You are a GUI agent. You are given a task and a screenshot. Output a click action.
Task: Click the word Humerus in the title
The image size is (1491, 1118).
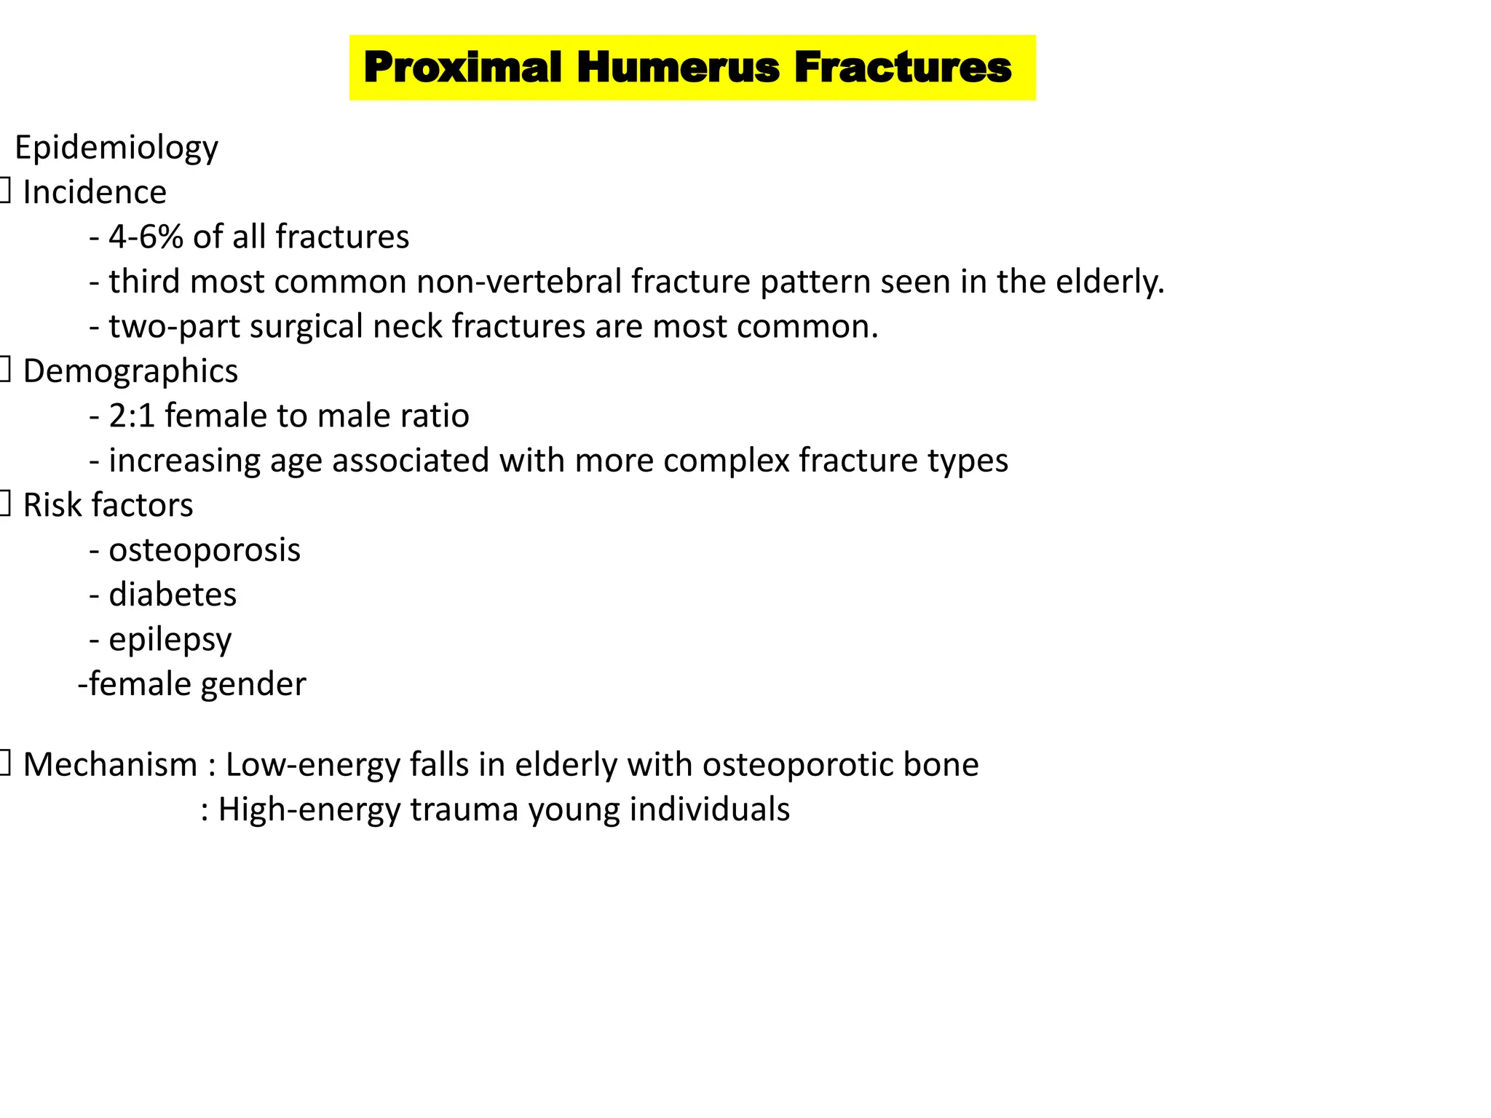(678, 68)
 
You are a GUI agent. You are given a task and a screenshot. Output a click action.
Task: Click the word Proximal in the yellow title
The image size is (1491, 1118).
(463, 68)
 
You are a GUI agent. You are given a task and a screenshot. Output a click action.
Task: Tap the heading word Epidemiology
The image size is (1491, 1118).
(116, 148)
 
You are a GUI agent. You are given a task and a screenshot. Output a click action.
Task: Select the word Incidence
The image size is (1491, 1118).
(95, 193)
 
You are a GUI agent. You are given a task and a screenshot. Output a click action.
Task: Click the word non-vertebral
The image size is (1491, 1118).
(519, 282)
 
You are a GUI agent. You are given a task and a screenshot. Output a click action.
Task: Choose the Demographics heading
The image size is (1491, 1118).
(130, 371)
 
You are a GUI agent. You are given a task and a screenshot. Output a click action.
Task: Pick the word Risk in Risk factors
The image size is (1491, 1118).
(51, 505)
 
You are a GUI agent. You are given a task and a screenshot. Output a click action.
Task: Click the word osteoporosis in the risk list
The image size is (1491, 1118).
(205, 550)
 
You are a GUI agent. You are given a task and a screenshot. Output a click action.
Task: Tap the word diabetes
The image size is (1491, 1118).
(173, 595)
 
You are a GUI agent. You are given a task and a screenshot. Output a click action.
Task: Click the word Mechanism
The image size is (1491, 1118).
(110, 765)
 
